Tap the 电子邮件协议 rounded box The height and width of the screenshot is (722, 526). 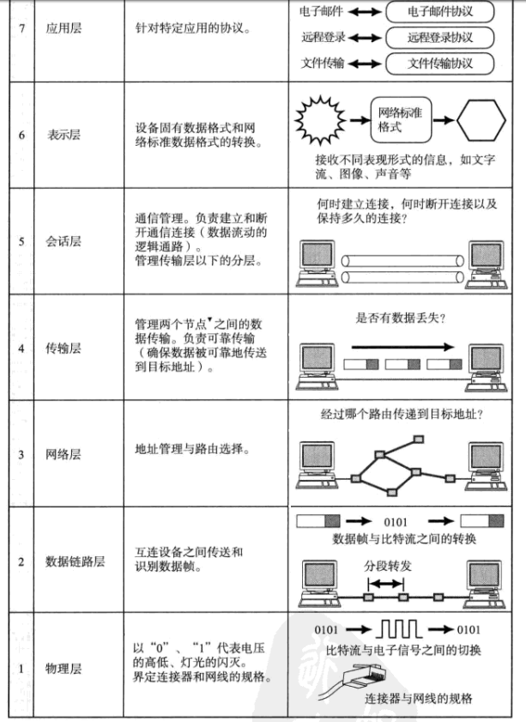point(441,12)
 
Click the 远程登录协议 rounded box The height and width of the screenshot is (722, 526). point(441,38)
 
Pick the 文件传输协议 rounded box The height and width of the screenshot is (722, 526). point(441,64)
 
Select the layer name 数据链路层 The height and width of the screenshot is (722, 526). point(75,561)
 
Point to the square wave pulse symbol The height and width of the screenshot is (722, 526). point(394,630)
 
